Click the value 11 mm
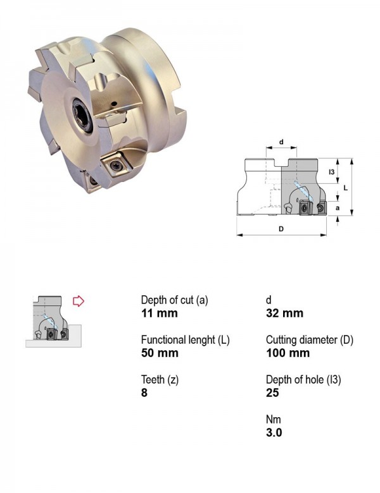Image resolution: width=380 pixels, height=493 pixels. click(x=160, y=313)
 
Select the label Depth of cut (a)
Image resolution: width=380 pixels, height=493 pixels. click(x=175, y=300)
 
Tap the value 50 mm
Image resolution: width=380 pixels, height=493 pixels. click(x=160, y=353)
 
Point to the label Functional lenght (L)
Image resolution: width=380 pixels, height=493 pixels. click(x=186, y=340)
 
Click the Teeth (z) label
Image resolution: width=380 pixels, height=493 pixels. click(x=160, y=380)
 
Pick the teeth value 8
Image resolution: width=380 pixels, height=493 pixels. click(x=144, y=393)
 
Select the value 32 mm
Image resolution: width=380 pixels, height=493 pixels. click(x=284, y=313)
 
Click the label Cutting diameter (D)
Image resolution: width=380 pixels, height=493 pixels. click(x=310, y=340)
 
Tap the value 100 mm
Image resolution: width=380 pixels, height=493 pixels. click(x=288, y=353)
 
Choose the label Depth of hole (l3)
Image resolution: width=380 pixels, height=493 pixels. click(x=303, y=380)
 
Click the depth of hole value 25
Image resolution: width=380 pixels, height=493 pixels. click(x=272, y=393)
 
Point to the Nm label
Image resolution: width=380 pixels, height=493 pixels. click(x=273, y=420)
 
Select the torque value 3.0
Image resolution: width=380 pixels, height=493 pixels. click(x=274, y=432)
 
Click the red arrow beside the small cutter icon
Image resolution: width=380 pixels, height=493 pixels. click(x=79, y=301)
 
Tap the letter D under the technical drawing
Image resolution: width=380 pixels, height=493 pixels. click(x=281, y=229)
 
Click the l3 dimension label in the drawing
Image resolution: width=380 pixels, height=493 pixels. click(x=331, y=172)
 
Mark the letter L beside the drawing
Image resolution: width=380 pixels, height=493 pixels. click(x=346, y=188)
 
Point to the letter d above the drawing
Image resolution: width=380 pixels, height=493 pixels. click(x=281, y=142)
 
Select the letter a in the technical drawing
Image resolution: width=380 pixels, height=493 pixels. click(x=338, y=208)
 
